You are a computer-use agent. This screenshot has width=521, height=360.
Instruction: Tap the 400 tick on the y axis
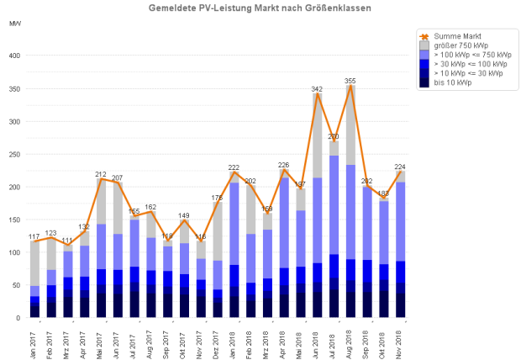tap(13, 56)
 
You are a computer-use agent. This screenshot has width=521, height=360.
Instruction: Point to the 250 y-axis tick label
tap(13, 154)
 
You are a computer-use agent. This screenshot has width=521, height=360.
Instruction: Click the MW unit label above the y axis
tap(14, 23)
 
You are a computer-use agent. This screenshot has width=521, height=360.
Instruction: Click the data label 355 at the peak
tap(350, 80)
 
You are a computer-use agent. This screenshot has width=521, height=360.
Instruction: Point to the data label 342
tap(317, 88)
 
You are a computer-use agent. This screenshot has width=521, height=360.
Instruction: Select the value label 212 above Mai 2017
tap(101, 173)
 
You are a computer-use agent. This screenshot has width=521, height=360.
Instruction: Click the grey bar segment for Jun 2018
tap(318, 135)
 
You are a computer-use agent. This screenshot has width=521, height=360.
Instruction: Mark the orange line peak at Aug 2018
tap(350, 85)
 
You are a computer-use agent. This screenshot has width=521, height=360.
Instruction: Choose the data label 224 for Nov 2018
tap(401, 166)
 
